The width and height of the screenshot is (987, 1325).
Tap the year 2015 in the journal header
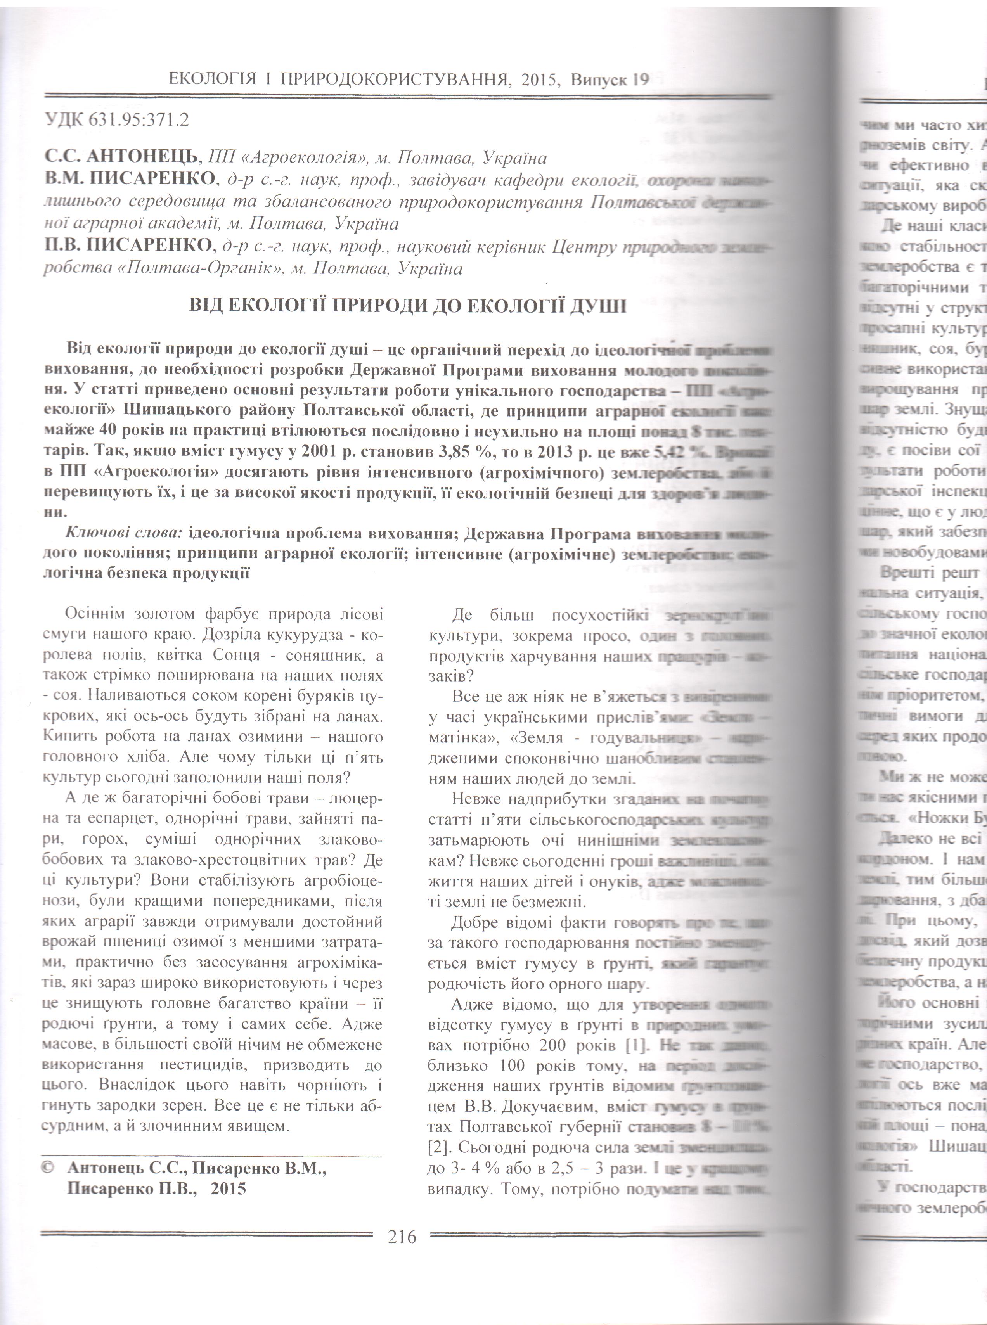click(540, 79)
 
